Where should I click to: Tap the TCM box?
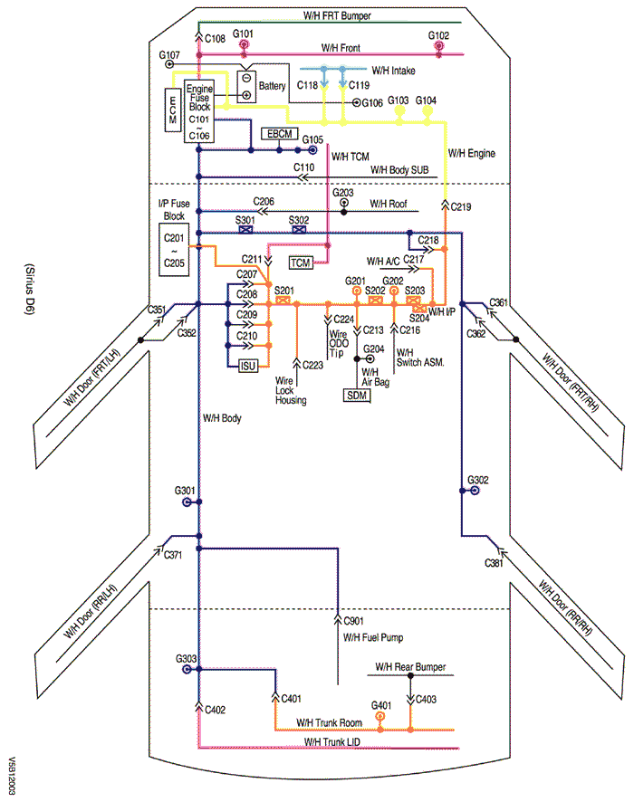coord(300,263)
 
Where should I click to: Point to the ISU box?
coord(248,366)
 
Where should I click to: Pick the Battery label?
coord(272,86)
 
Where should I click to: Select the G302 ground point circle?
coord(475,491)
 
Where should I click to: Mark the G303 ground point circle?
coord(187,671)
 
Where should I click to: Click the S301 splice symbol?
coord(245,231)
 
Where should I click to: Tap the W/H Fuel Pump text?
coord(373,637)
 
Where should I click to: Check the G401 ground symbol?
coord(380,716)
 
